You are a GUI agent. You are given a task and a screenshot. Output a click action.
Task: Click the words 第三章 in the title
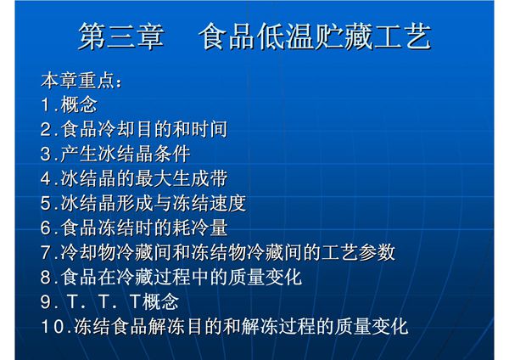tap(120, 37)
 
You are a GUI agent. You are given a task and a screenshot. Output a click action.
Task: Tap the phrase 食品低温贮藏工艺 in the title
tap(314, 37)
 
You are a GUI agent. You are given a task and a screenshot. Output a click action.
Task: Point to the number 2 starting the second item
tap(47, 131)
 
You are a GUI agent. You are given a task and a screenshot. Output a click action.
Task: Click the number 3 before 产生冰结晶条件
tap(47, 155)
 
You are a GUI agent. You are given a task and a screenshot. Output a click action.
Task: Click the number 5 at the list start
tap(47, 204)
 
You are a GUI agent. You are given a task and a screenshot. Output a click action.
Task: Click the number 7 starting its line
tap(47, 253)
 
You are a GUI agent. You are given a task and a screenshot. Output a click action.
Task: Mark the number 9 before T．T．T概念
tap(47, 302)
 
